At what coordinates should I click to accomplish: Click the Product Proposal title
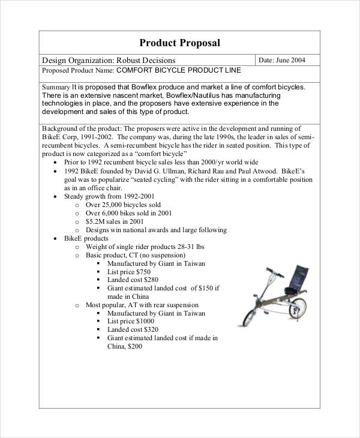point(179,43)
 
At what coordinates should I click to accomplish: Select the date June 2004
point(290,60)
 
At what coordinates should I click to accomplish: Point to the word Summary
point(56,86)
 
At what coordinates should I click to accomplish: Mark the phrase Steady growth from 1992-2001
point(109,196)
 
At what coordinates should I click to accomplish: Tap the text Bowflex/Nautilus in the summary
point(194,95)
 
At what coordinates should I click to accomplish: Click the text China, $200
point(124,346)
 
